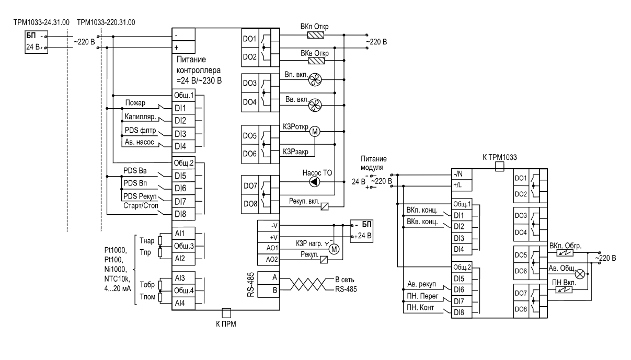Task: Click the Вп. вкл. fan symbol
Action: pyautogui.click(x=315, y=79)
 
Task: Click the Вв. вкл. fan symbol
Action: pyautogui.click(x=315, y=105)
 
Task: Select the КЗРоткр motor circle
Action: pyautogui.click(x=315, y=132)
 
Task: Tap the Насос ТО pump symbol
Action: pyautogui.click(x=315, y=182)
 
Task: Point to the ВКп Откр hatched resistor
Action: pyautogui.click(x=316, y=35)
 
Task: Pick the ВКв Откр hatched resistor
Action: pyautogui.click(x=316, y=61)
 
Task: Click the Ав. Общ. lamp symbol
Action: pyautogui.click(x=580, y=274)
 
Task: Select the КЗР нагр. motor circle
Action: pyautogui.click(x=334, y=249)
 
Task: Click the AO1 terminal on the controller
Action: pyautogui.click(x=269, y=248)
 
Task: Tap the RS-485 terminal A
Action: pyautogui.click(x=269, y=278)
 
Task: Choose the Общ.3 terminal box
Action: pyautogui.click(x=183, y=246)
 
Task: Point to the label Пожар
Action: pyautogui.click(x=135, y=103)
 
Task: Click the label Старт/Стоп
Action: pyautogui.click(x=141, y=206)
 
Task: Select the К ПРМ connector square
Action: pyautogui.click(x=226, y=313)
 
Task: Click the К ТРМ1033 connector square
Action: pyautogui.click(x=499, y=166)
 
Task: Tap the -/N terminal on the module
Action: pyautogui.click(x=462, y=174)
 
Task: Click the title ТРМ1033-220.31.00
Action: pyautogui.click(x=106, y=22)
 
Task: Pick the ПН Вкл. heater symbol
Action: pyautogui.click(x=564, y=289)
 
